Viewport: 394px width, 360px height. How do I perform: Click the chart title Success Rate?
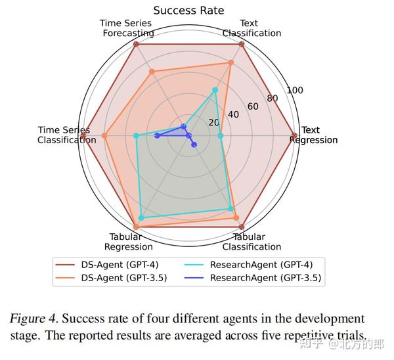tap(188, 11)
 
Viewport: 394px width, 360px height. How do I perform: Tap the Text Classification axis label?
tap(252, 28)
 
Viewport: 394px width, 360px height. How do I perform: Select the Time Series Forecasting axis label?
tap(127, 28)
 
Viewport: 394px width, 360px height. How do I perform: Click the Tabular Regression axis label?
tap(129, 242)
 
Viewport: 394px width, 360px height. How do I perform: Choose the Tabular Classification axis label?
tap(252, 242)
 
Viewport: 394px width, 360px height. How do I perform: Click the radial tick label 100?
tap(295, 91)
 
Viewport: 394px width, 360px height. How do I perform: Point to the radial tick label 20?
tap(214, 122)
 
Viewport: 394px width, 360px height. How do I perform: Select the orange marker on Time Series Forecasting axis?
tap(152, 72)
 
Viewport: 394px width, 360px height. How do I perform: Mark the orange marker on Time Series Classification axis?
tap(104, 136)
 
